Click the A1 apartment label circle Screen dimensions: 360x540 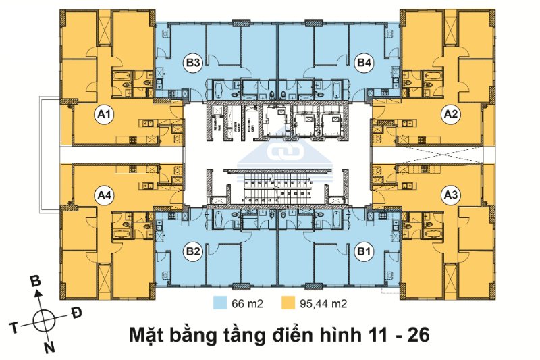[103, 116]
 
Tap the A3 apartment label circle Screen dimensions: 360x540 [450, 196]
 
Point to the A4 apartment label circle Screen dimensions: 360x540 [104, 196]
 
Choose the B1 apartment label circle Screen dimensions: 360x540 [365, 253]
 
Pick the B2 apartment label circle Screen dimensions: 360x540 [193, 253]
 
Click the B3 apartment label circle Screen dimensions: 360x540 [193, 63]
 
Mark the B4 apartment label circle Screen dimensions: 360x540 [364, 63]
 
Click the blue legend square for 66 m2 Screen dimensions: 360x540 [220, 303]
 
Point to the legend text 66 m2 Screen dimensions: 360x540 [245, 303]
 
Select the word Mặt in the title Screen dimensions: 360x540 [148, 333]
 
